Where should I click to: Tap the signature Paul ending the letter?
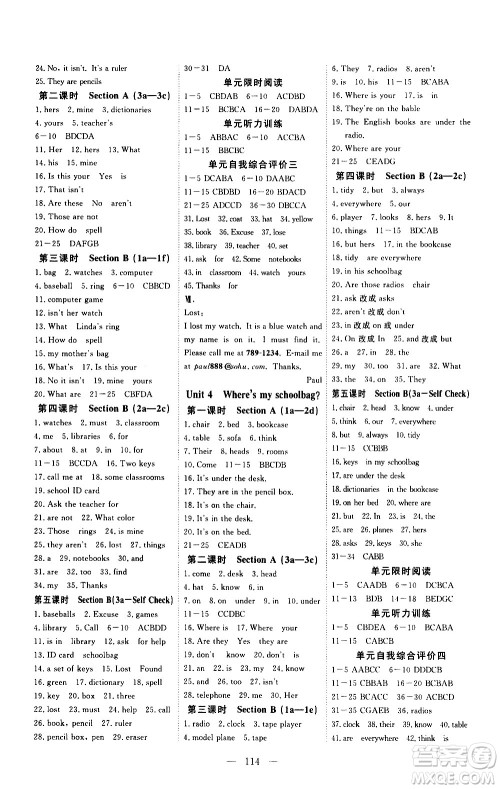312,380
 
